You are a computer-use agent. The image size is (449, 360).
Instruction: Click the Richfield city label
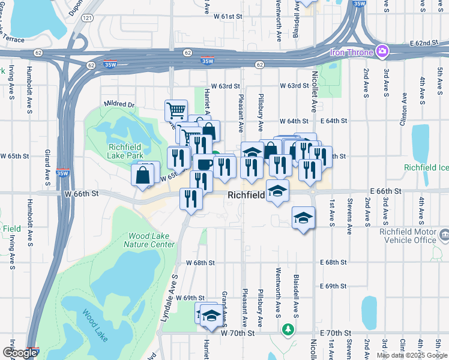click(247, 196)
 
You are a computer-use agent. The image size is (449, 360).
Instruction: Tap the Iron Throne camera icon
click(380, 52)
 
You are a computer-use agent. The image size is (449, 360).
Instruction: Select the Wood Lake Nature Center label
click(149, 240)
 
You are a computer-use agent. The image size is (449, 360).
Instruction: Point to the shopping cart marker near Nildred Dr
click(176, 110)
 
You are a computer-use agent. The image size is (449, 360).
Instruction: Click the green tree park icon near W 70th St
click(289, 330)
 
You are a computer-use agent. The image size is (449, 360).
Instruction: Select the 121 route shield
click(88, 19)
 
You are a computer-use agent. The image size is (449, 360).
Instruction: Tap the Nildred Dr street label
click(119, 104)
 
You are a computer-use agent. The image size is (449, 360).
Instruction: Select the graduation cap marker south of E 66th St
click(304, 217)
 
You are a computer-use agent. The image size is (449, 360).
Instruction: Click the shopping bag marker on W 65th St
click(143, 175)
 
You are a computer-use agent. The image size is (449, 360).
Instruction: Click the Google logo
click(20, 353)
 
